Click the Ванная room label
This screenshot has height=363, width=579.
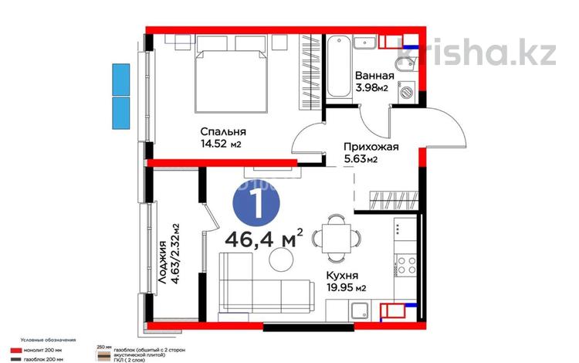click(374, 76)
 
